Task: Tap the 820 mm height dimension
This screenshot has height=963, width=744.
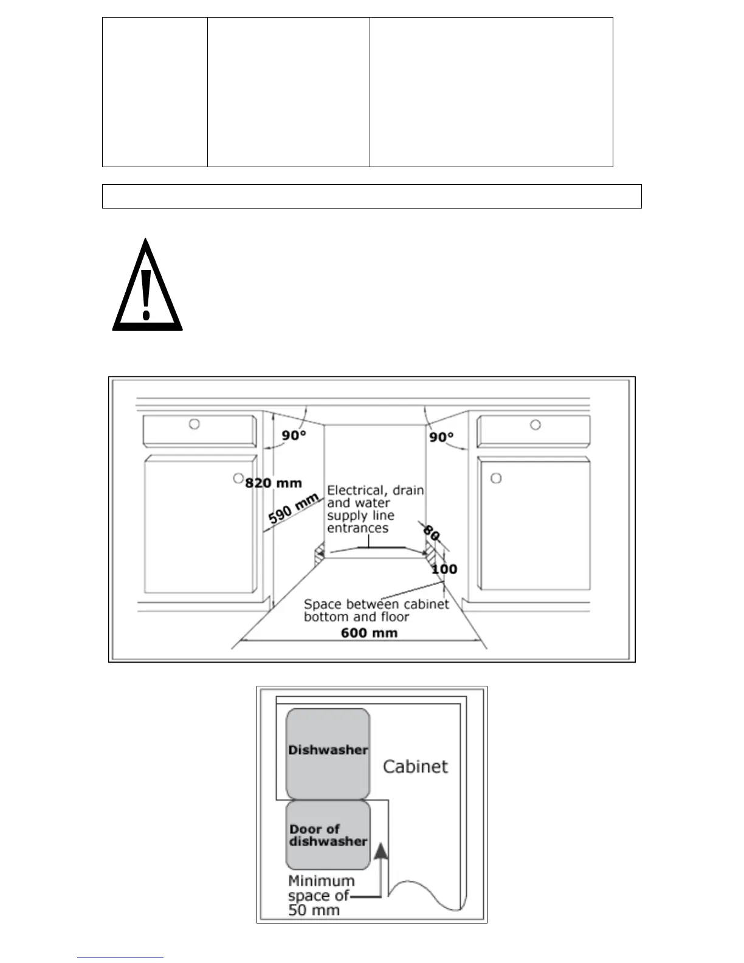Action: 274,483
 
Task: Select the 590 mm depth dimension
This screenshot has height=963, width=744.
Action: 294,509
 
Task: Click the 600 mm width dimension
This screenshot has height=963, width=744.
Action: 370,632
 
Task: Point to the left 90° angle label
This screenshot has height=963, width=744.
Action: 294,436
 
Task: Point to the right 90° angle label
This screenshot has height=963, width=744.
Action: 441,437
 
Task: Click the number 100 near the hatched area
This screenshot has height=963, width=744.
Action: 444,569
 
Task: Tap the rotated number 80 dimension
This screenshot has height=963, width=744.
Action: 431,533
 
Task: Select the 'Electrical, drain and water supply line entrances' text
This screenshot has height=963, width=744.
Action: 375,509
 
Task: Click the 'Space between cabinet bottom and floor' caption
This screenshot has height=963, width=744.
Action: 376,610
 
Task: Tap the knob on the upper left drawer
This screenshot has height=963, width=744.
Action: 194,424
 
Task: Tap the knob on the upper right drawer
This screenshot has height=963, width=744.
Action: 536,425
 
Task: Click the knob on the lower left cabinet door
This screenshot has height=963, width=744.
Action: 238,478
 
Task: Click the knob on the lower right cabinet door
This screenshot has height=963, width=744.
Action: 496,478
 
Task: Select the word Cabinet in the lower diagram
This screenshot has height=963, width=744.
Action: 415,766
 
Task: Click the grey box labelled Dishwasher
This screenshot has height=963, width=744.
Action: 328,753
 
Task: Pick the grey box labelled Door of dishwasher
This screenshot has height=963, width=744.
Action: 328,835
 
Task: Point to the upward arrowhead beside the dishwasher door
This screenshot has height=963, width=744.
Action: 381,851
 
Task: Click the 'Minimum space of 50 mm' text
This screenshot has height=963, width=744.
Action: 321,895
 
